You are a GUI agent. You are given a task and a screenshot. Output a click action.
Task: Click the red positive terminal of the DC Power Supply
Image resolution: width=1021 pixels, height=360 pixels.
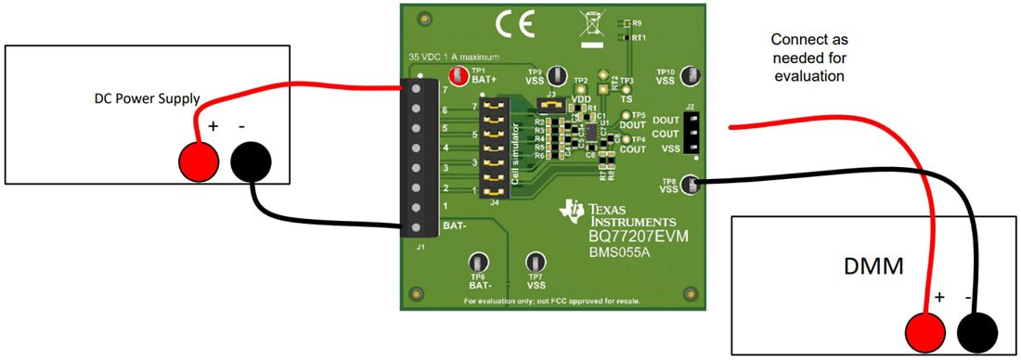199,161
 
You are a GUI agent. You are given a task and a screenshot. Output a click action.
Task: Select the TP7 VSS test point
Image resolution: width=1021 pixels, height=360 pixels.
536,264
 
